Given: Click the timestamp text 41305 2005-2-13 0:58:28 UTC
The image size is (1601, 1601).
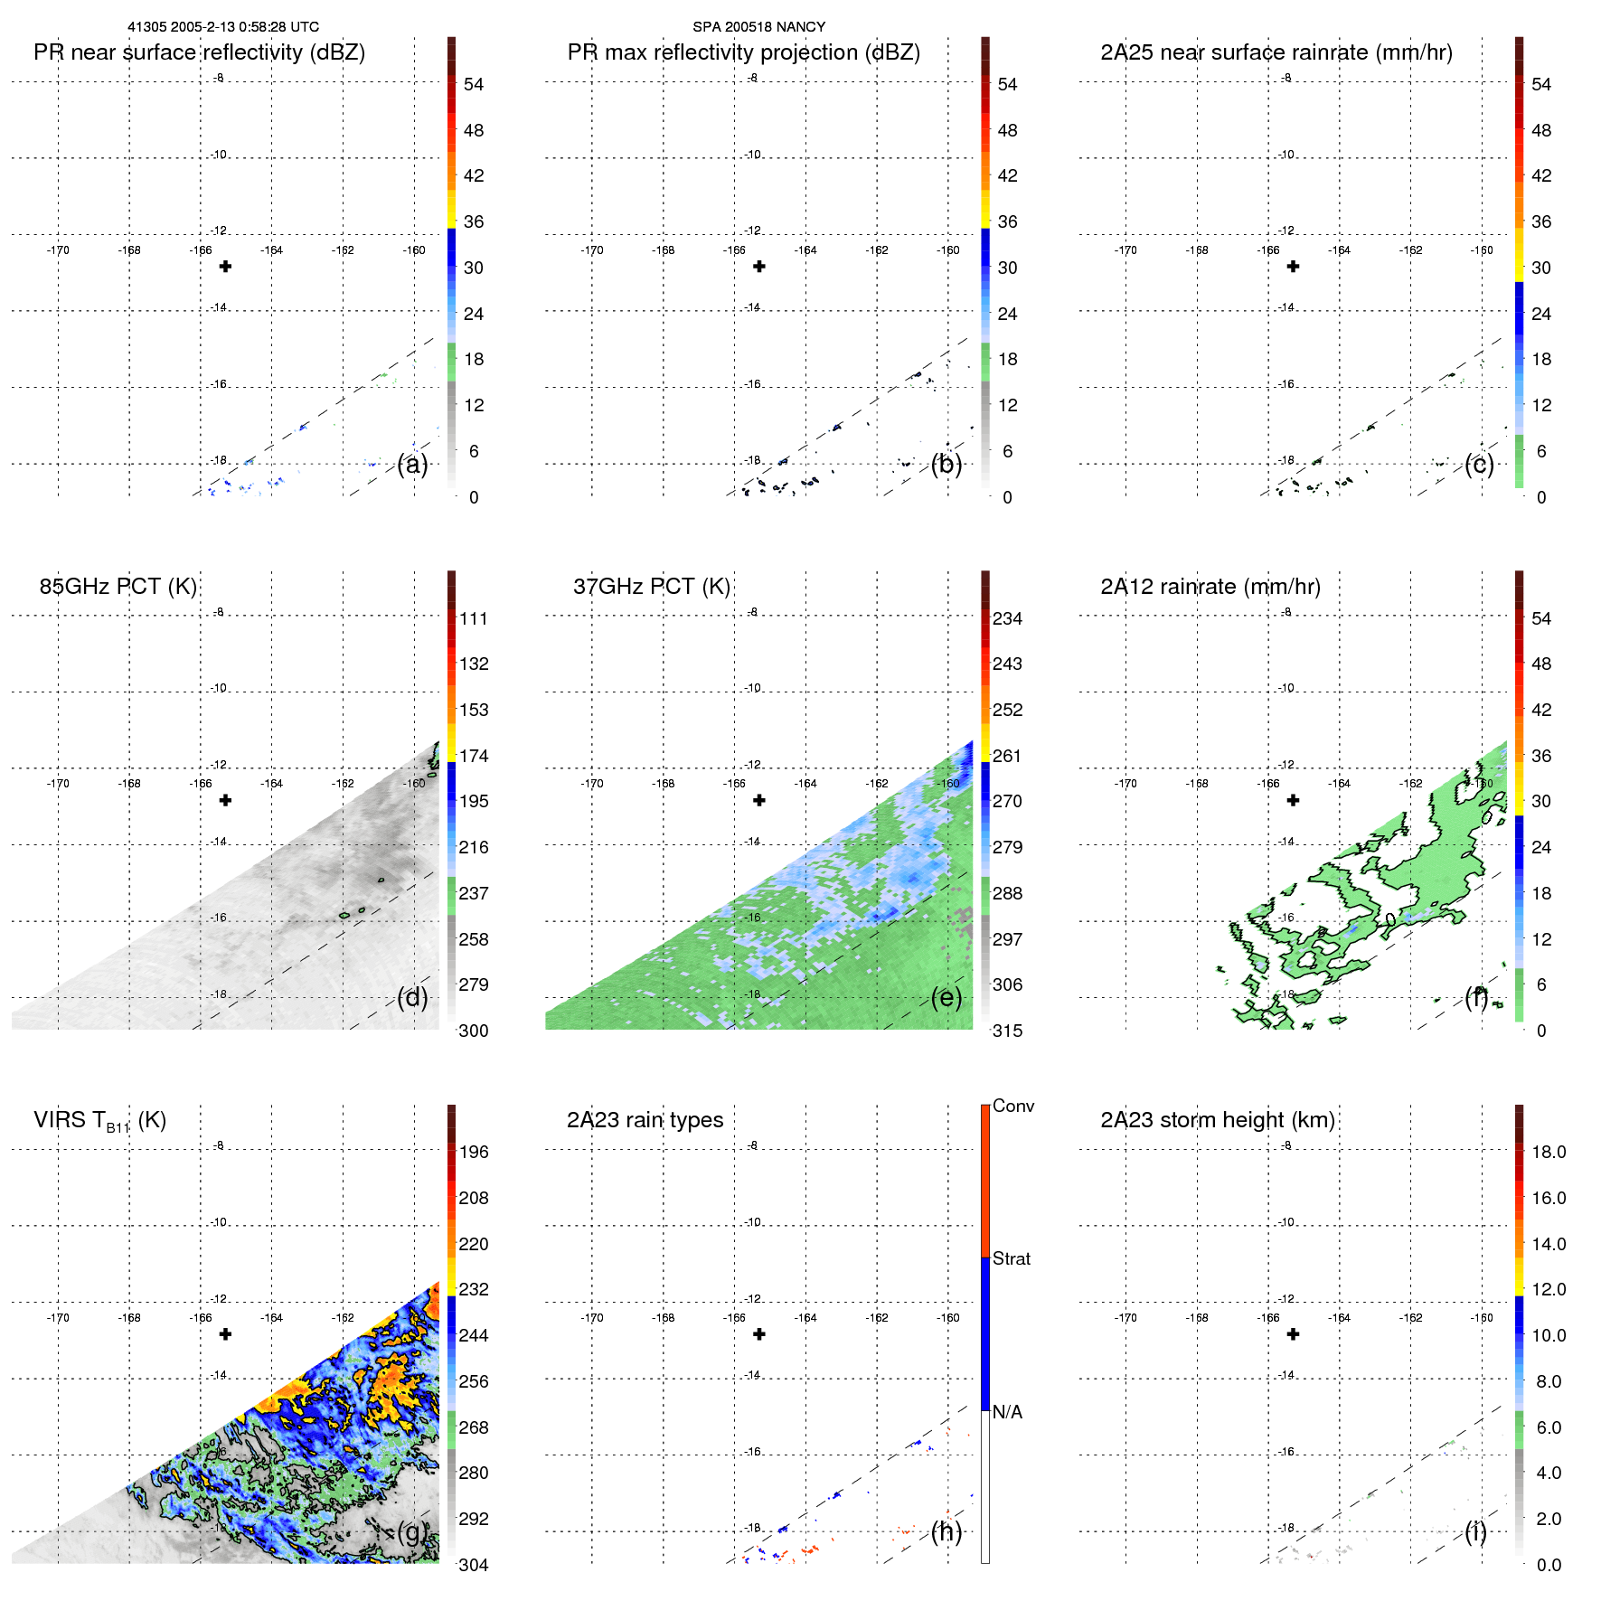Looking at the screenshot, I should pos(222,27).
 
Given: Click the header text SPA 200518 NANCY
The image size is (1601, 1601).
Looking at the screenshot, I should pos(758,27).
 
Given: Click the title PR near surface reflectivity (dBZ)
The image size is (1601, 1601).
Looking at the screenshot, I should pos(199,52).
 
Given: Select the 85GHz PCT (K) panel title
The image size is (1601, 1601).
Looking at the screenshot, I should pos(118,587).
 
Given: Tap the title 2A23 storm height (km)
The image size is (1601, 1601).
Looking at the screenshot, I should pos(1217,1120).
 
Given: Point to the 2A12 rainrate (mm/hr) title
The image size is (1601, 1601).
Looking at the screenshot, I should pos(1210,587).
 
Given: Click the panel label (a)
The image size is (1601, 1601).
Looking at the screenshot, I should pos(412,465).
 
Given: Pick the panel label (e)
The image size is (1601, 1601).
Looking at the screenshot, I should pos(946,998).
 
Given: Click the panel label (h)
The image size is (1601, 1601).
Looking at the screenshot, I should pos(946,1531).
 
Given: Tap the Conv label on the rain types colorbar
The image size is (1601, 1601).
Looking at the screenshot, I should pos(1012,1106).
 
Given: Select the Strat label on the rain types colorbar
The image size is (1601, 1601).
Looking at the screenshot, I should pos(1011,1258).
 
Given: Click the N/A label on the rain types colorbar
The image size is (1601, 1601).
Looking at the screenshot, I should pos(1007,1412).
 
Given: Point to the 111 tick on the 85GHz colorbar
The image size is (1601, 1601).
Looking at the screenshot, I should pos(474,618).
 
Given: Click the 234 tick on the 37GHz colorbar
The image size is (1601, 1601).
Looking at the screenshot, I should pos(1007,618).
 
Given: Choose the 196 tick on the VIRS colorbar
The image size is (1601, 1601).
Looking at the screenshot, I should pos(474,1152).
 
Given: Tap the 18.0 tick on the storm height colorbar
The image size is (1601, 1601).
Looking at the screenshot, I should pos(1548,1152).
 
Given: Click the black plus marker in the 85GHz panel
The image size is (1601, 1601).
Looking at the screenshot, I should pos(226,800).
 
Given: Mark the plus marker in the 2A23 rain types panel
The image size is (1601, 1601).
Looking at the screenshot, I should pos(759,1334).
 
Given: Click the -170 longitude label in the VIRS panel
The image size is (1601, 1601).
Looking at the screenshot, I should pos(58,1318).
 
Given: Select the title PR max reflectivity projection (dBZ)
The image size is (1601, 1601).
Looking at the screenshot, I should pos(743,52).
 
